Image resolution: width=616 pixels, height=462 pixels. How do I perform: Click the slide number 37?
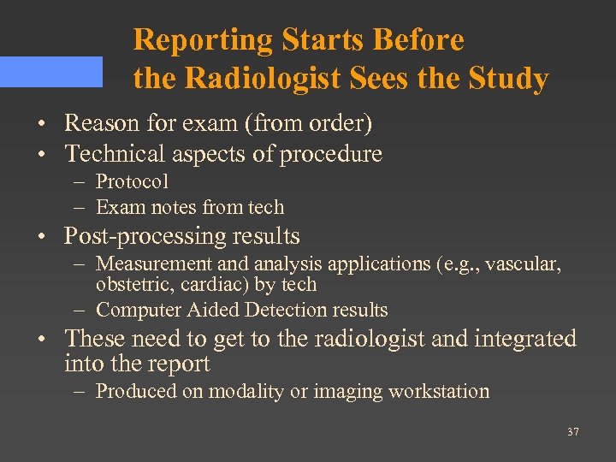tap(572, 432)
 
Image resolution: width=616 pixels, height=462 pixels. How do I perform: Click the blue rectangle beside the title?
tap(50, 72)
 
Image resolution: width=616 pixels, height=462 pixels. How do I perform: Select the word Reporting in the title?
tap(203, 39)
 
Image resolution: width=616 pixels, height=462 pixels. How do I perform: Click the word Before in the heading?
tap(421, 39)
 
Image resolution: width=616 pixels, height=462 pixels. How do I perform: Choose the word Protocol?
tap(132, 181)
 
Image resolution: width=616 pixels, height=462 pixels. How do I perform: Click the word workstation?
tap(439, 392)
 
